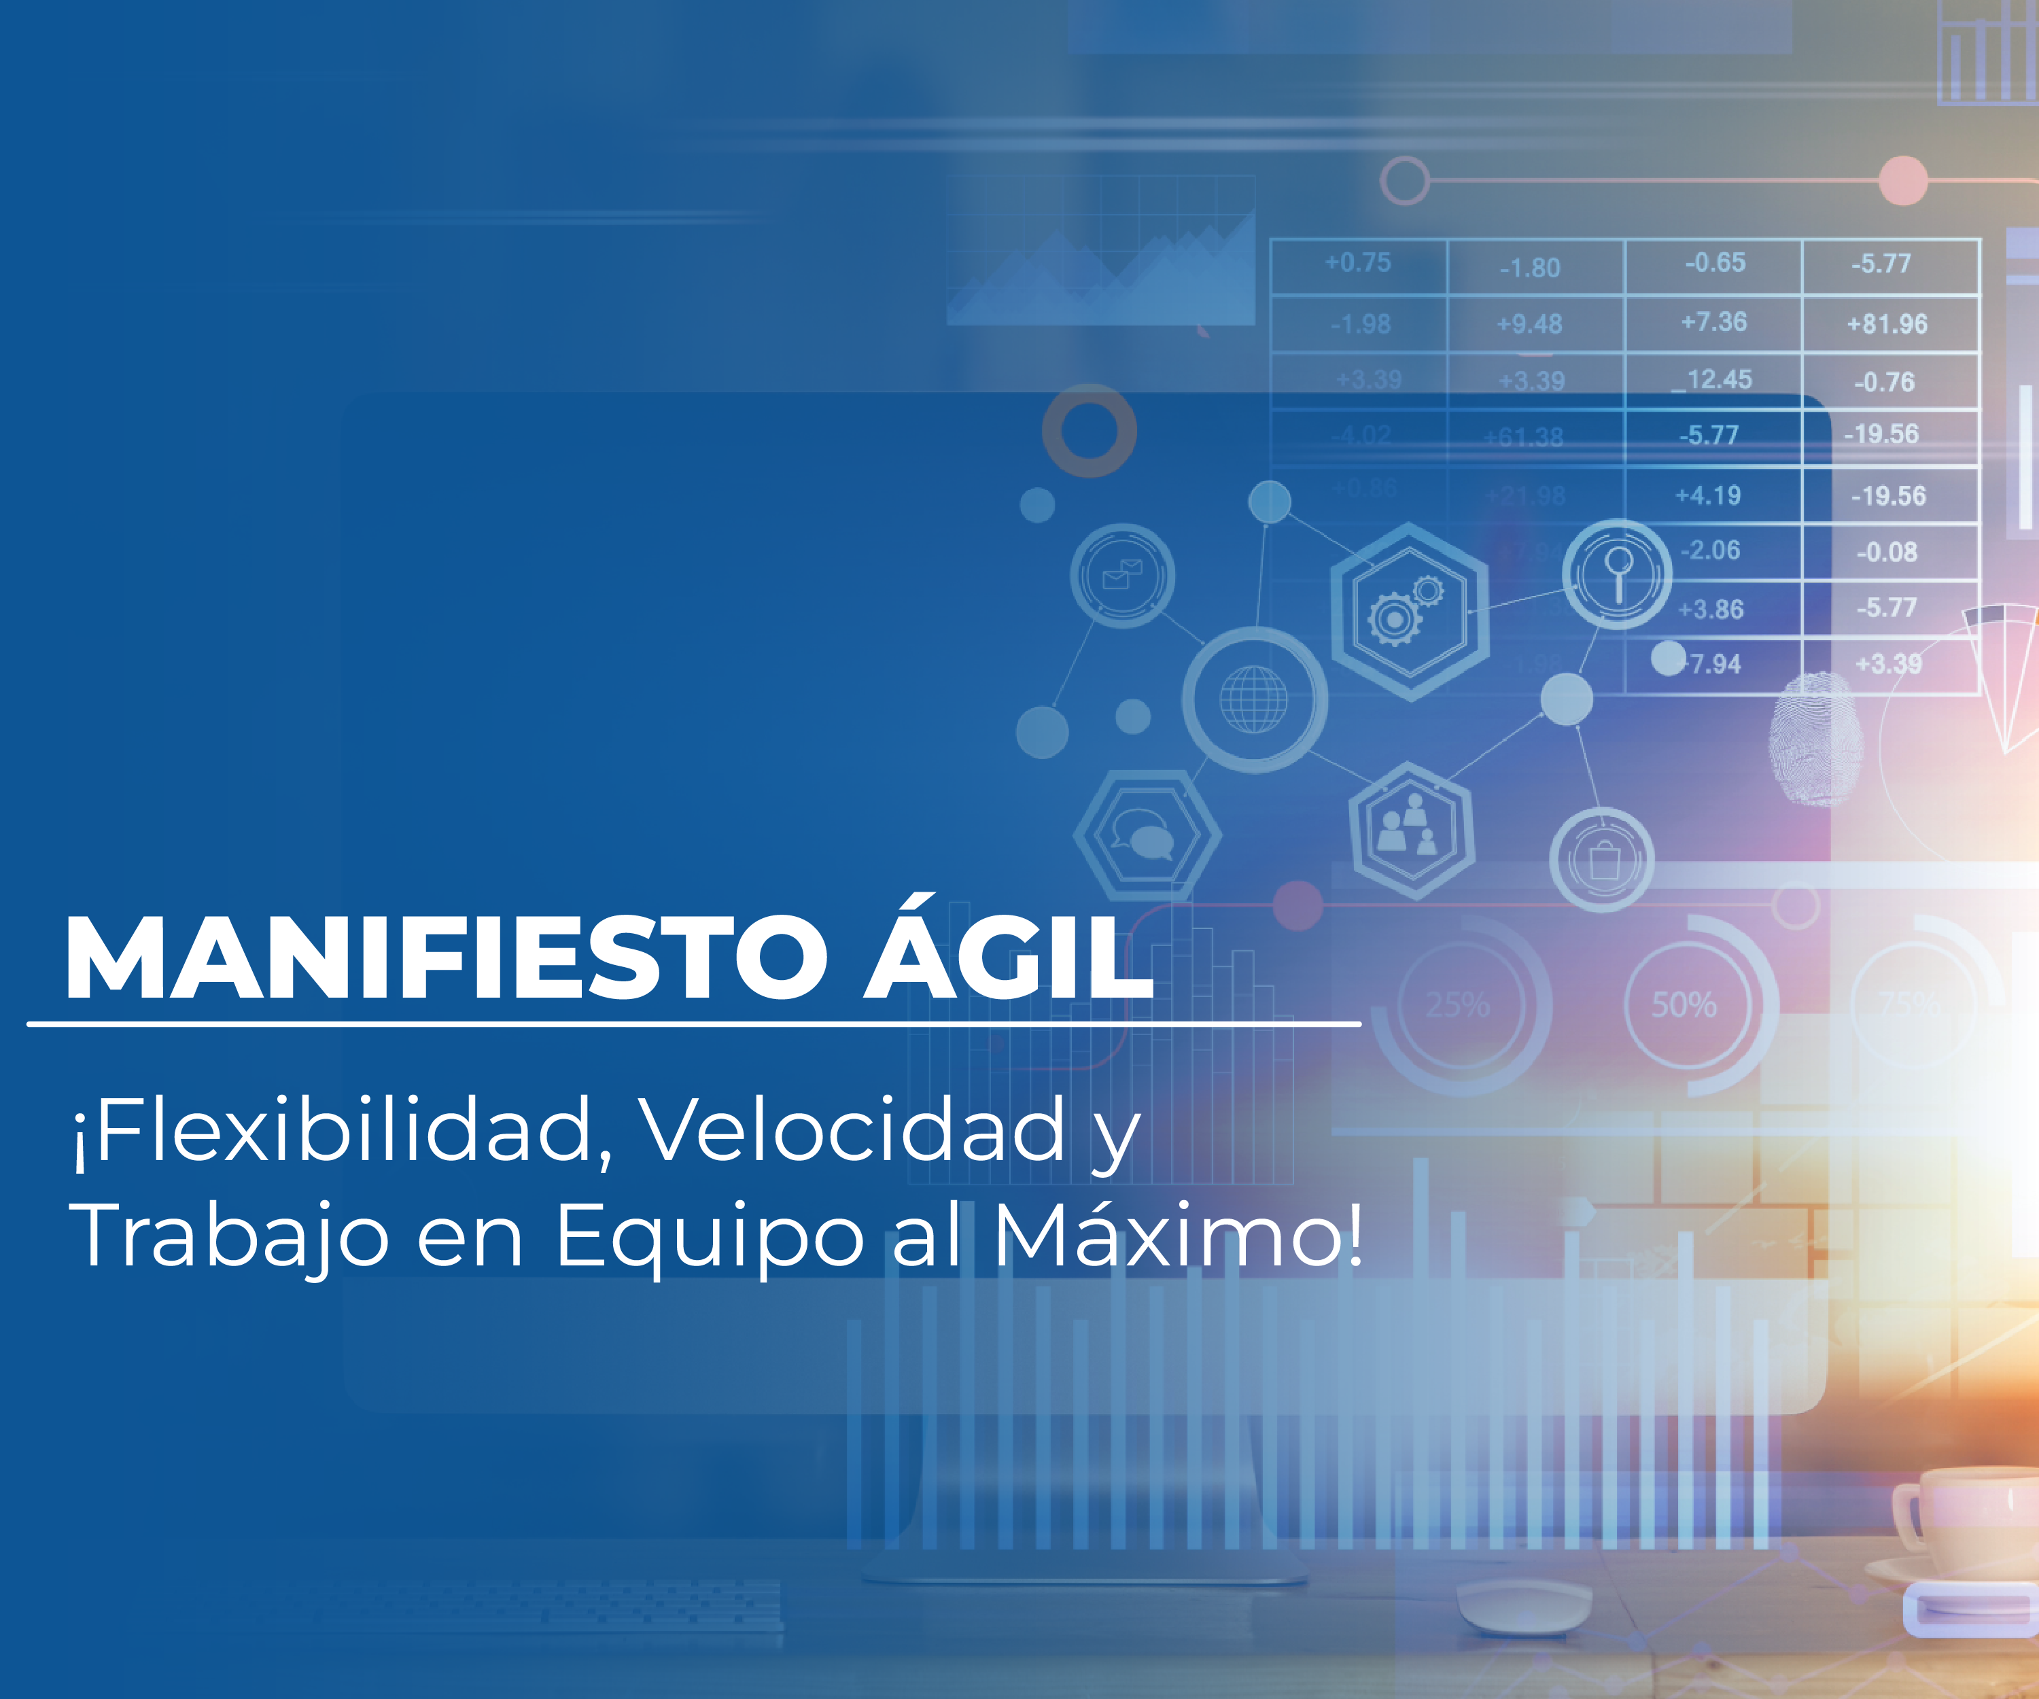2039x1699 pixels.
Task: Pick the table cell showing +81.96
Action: pos(1887,323)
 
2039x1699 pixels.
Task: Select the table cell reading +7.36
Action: pos(1713,321)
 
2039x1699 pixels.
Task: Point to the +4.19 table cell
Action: pos(1708,495)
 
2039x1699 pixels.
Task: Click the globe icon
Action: pos(1253,699)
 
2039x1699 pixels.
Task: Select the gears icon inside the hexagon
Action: pos(1408,609)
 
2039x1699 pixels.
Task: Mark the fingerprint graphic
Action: pos(1814,738)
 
